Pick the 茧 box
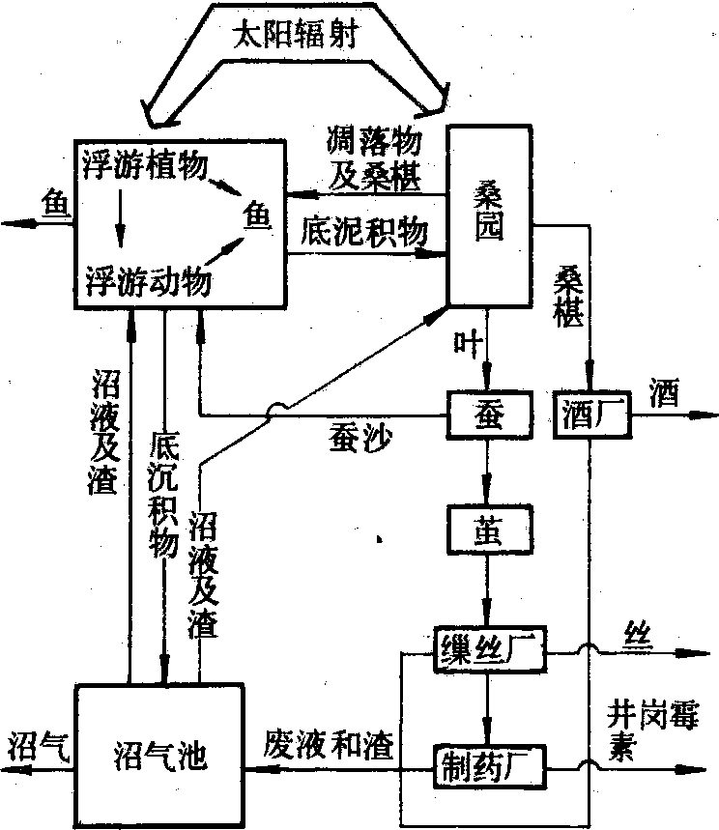point(489,527)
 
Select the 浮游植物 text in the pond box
point(145,164)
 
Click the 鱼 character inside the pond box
point(256,218)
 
